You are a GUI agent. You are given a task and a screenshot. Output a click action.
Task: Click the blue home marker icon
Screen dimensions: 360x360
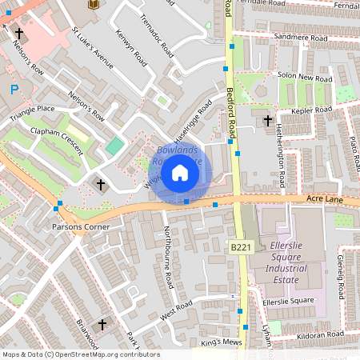tap(180, 173)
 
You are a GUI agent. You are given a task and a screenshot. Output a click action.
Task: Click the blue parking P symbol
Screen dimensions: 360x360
tap(14, 90)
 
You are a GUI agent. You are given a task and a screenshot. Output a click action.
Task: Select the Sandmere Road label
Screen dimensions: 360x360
tap(301, 38)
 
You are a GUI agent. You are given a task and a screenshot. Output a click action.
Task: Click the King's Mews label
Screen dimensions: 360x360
tap(221, 342)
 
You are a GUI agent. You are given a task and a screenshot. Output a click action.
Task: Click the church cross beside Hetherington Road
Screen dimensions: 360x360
tap(267, 121)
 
